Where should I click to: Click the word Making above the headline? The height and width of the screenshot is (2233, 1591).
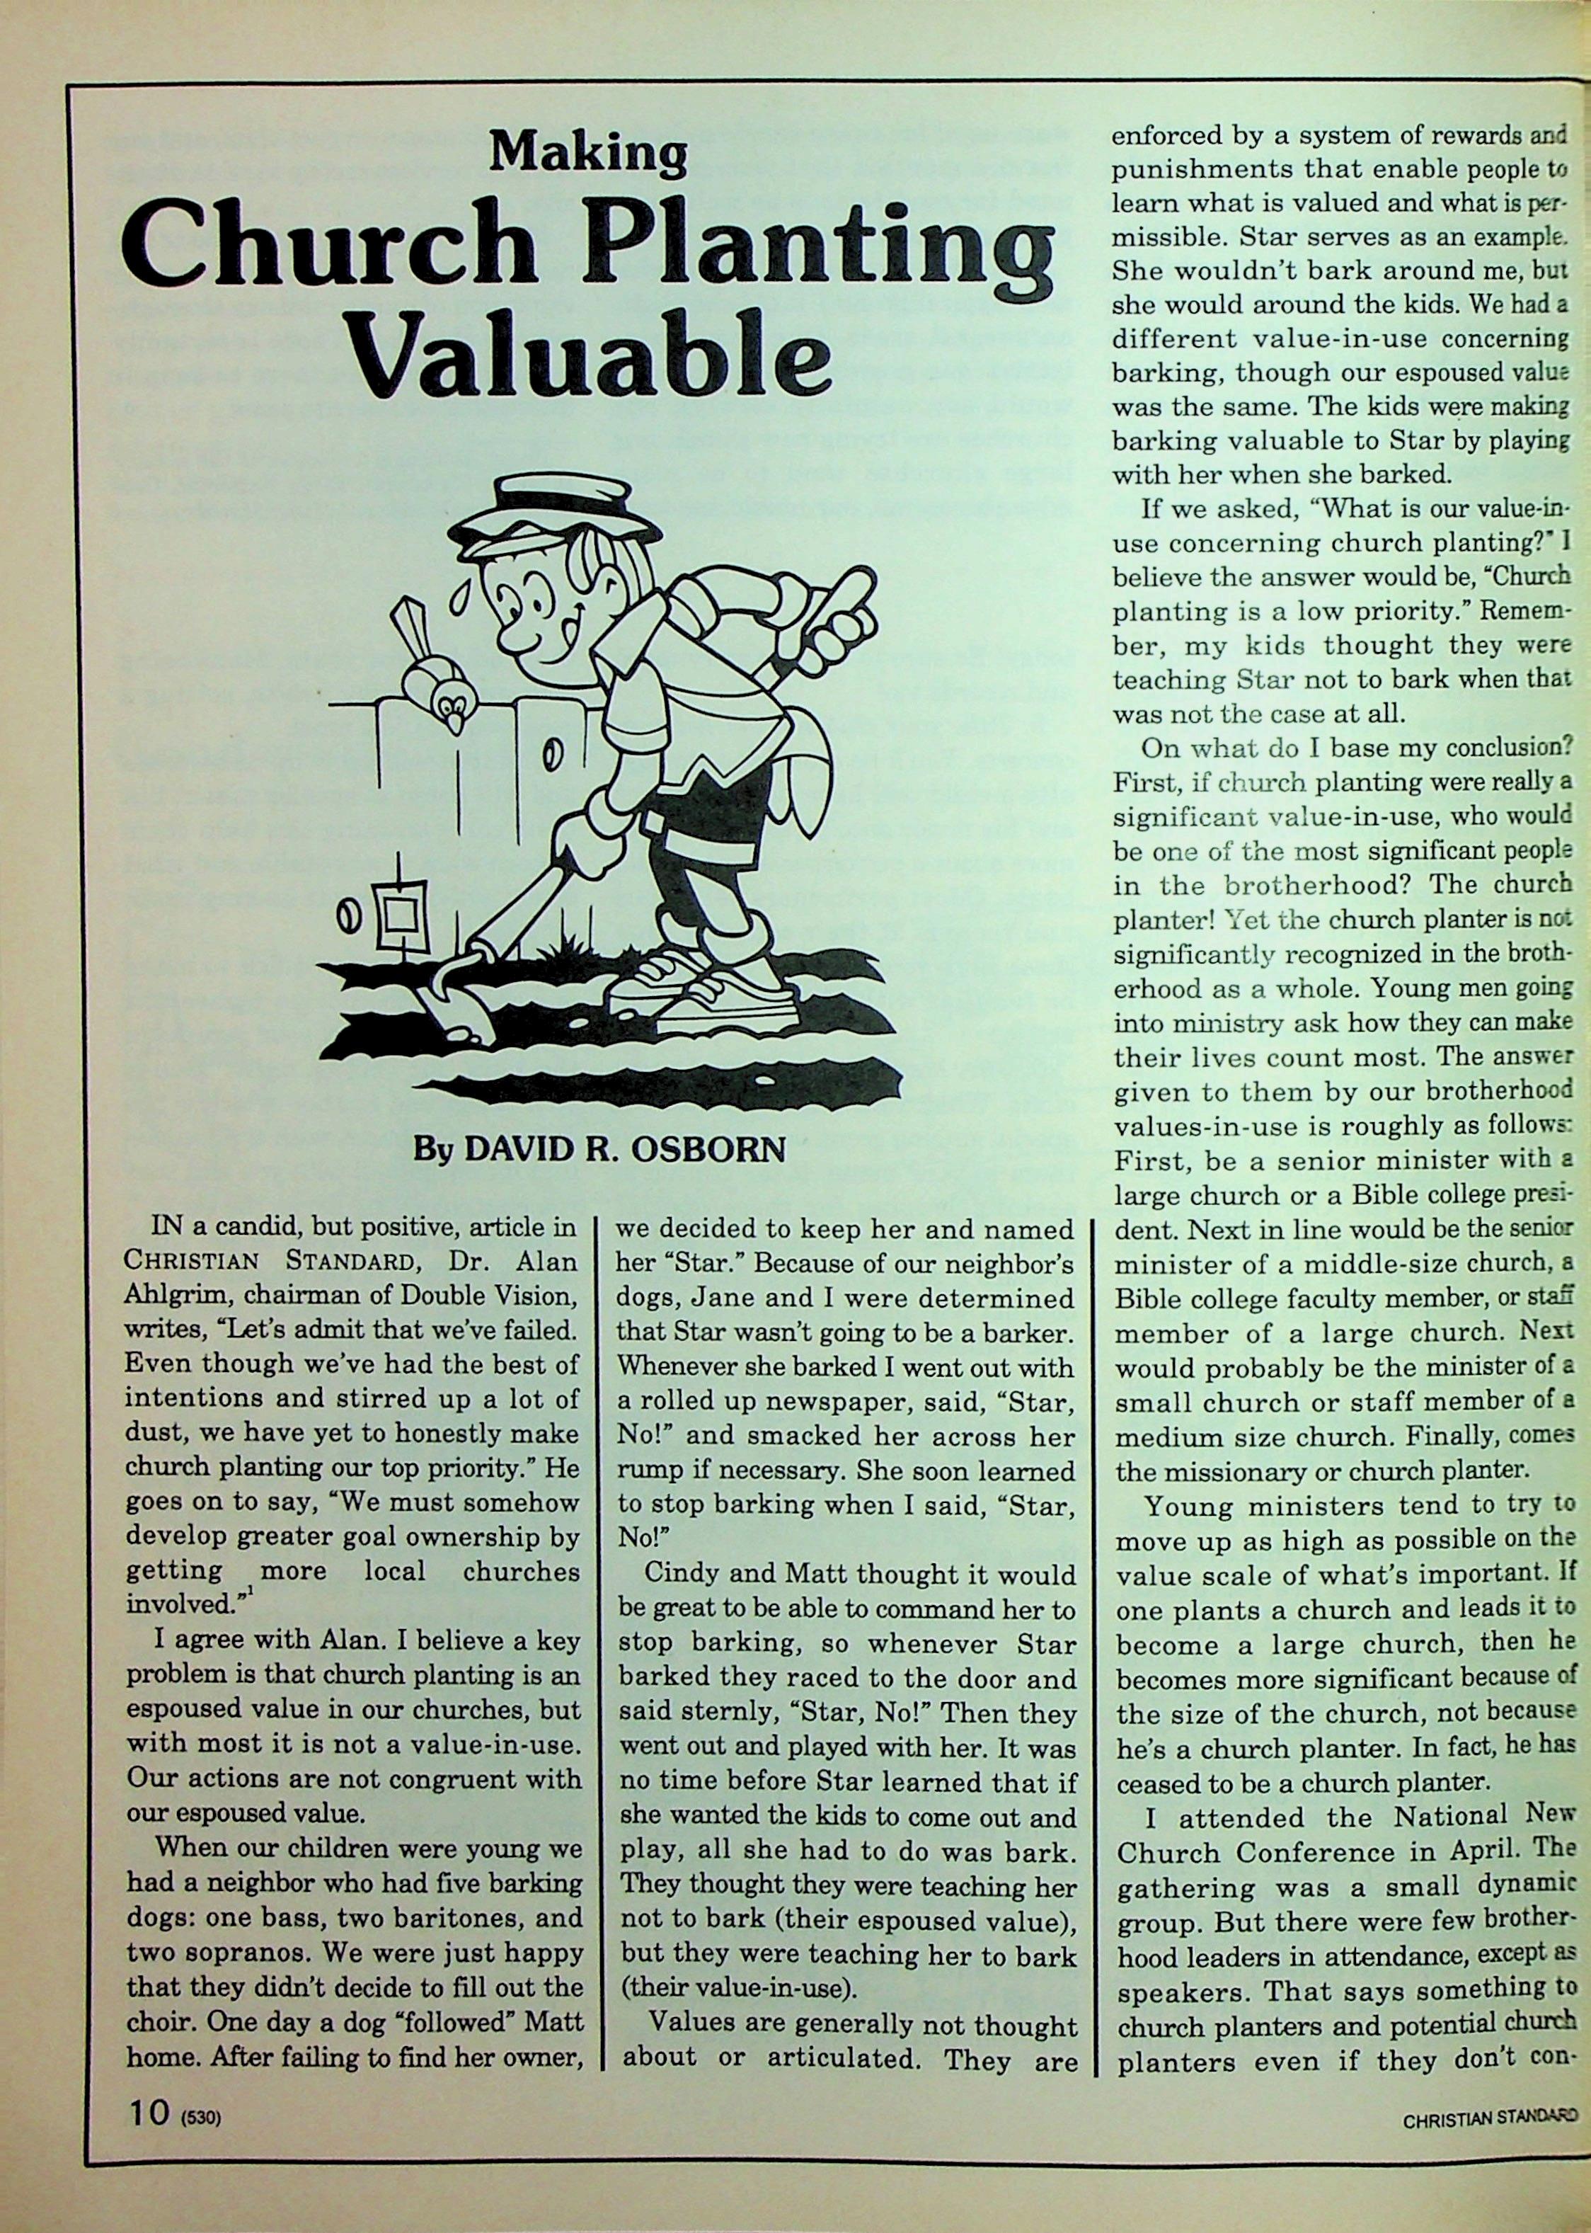pyautogui.click(x=589, y=153)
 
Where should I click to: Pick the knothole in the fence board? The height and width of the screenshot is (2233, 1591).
pyautogui.click(x=551, y=758)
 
